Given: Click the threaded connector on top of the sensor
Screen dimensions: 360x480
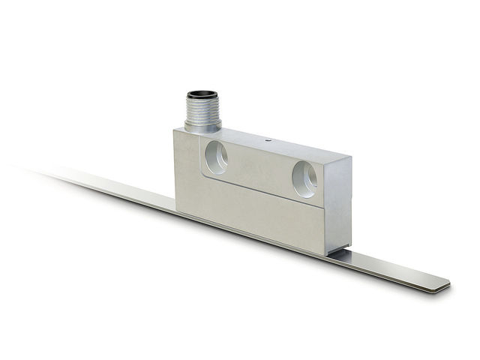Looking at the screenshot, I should coord(202,109).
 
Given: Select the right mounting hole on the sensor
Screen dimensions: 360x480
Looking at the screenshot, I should coord(304,179).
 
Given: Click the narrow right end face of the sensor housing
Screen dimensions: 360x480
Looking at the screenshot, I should coord(339,210).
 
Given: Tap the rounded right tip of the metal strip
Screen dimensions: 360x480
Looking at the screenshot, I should coord(442,283).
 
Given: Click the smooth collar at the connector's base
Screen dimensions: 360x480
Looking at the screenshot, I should coord(202,126).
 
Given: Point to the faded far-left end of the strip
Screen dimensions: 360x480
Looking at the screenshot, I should coord(45,172).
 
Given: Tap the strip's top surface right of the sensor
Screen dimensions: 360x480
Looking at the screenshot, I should coord(390,268).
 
